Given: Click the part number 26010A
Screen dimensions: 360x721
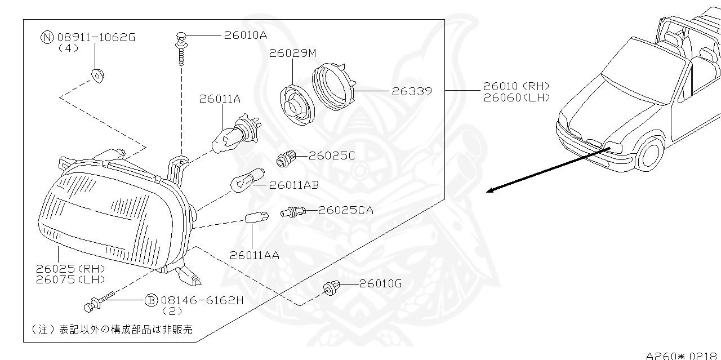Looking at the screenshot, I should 245,35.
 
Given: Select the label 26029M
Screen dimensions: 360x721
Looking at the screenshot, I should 292,54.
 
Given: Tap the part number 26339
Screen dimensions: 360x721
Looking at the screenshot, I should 412,91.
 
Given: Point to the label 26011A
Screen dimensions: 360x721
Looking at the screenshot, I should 220,99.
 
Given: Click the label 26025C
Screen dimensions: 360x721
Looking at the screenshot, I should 332,155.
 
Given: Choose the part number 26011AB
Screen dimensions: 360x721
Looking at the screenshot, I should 294,184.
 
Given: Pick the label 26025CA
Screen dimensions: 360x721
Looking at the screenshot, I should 345,211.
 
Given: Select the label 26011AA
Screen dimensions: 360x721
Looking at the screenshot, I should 255,255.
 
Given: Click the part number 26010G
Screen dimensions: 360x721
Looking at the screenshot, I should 380,284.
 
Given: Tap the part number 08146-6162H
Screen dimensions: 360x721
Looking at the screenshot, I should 202,300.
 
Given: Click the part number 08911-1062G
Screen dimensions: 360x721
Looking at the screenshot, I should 96,38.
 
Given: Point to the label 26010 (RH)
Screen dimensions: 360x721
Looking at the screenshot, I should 516,87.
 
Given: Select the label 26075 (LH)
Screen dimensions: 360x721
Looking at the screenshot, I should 70,279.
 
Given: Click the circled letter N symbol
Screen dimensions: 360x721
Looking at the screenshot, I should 47,38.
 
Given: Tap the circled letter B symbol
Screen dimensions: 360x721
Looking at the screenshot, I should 151,300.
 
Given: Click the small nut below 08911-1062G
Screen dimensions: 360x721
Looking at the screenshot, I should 98,74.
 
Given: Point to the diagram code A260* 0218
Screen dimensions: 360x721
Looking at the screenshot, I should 682,355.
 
